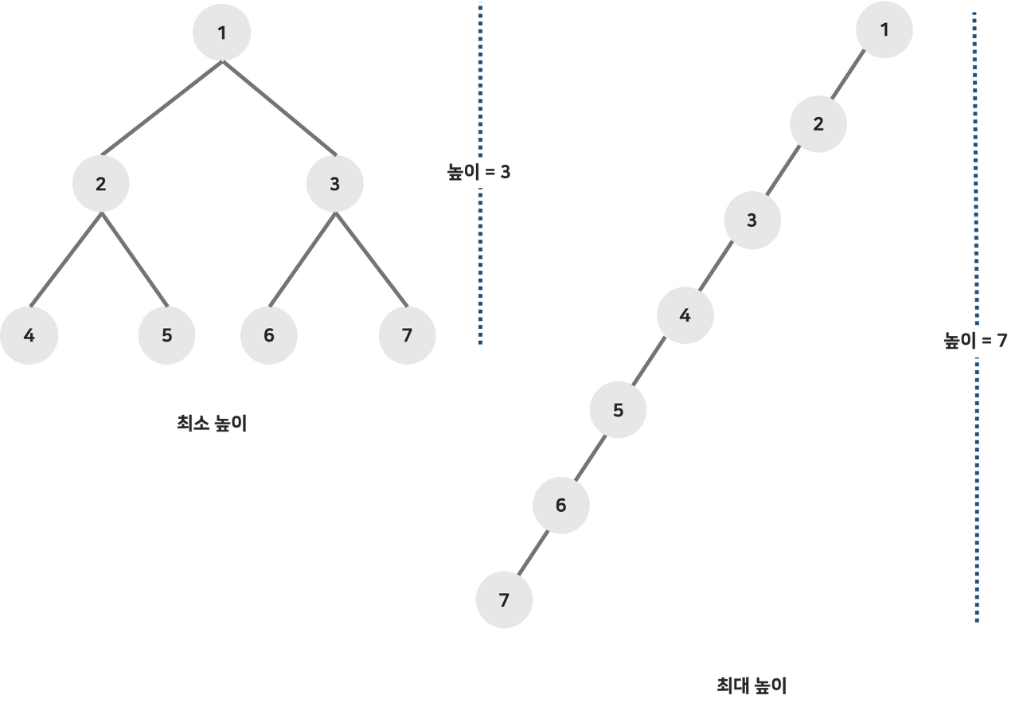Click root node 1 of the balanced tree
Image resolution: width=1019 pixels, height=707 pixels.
pos(222,33)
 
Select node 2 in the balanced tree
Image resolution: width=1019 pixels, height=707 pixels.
pos(101,184)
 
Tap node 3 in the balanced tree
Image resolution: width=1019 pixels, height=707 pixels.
pos(334,184)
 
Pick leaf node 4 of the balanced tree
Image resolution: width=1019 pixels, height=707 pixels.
pos(29,335)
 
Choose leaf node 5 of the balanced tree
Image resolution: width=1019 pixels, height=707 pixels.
pos(166,335)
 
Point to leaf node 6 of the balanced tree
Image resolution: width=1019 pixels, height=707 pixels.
pos(269,335)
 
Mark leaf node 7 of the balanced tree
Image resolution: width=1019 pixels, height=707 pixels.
pos(407,335)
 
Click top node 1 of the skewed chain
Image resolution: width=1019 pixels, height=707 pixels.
pos(884,30)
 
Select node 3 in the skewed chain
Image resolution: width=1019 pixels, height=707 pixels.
pos(752,221)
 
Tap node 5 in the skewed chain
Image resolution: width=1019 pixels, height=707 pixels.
pos(618,410)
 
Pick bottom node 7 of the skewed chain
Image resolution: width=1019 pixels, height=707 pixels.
pos(504,600)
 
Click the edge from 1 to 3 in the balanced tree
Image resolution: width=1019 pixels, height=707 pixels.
pos(279,109)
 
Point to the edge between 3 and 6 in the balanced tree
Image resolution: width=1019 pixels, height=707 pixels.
pos(302,260)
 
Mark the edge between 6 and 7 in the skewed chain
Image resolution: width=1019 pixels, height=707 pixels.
pos(533,553)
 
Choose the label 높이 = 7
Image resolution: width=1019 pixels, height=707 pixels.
pos(976,342)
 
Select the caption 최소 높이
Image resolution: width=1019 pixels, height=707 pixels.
pos(212,424)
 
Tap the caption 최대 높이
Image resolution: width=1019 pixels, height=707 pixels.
pos(752,684)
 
